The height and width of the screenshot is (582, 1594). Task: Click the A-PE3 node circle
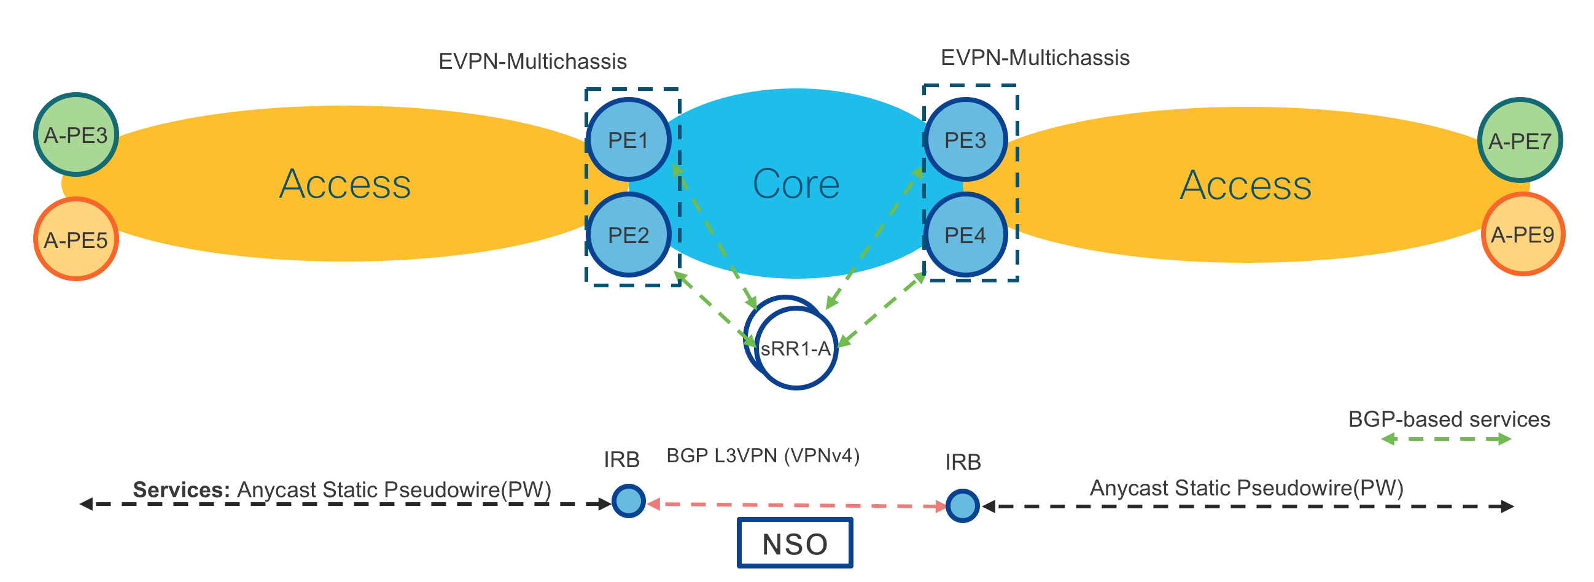[x=76, y=134]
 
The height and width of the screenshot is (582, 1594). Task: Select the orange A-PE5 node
[x=76, y=239]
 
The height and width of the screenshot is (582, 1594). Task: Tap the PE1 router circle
[x=628, y=140]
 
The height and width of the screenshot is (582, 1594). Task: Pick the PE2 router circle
[x=628, y=235]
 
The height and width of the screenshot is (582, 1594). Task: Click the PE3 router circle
[x=965, y=140]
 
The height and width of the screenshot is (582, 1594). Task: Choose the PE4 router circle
[x=965, y=235]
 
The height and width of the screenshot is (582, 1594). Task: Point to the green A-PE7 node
[x=1519, y=141]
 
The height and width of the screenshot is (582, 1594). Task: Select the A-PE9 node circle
[x=1522, y=234]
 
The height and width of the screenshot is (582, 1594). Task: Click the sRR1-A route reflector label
[x=795, y=349]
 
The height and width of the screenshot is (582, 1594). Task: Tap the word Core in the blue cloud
[x=796, y=184]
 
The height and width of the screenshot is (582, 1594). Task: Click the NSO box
[x=795, y=543]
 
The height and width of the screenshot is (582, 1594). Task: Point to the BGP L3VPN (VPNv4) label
[x=763, y=456]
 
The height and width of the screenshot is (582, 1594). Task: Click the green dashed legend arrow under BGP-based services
[x=1446, y=439]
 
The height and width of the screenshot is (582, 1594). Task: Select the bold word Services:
[x=181, y=489]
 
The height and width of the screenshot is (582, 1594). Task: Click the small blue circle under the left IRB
[x=628, y=500]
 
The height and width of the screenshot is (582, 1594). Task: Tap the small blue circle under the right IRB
[x=962, y=505]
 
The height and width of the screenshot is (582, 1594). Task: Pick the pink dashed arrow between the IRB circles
[x=796, y=505]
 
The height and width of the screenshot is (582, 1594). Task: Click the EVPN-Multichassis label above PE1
[x=532, y=61]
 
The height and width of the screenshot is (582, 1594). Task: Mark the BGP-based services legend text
[x=1448, y=419]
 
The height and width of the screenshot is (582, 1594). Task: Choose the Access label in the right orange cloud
[x=1245, y=185]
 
